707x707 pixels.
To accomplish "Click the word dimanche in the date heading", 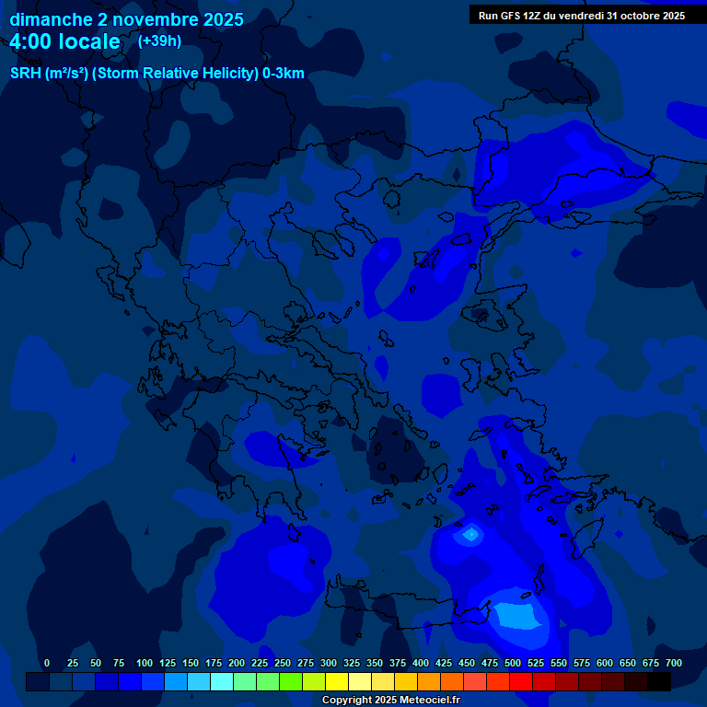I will pyautogui.click(x=51, y=19).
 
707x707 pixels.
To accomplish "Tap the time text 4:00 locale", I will pyautogui.click(x=64, y=41).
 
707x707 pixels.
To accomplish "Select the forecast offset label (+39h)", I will pyautogui.click(x=160, y=41).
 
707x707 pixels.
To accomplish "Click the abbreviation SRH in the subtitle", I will pyautogui.click(x=26, y=75).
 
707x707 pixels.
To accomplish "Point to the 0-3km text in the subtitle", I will pyautogui.click(x=283, y=75).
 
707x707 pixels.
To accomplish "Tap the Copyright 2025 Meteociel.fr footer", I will pyautogui.click(x=391, y=700).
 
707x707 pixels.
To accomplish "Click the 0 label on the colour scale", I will pyautogui.click(x=47, y=663).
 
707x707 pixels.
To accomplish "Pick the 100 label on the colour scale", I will pyautogui.click(x=145, y=663).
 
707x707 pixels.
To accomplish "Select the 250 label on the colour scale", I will pyautogui.click(x=283, y=663).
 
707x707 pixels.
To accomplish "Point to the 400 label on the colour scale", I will pyautogui.click(x=421, y=663).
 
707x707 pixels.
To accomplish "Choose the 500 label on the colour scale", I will pyautogui.click(x=513, y=663).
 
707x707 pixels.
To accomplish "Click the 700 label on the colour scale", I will pyautogui.click(x=674, y=663).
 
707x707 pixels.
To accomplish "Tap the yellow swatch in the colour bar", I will pyautogui.click(x=337, y=681).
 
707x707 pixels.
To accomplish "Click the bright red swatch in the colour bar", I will pyautogui.click(x=521, y=681).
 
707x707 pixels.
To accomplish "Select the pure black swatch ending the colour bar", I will pyautogui.click(x=659, y=681).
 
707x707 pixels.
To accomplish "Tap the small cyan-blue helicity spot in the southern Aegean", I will pyautogui.click(x=470, y=533).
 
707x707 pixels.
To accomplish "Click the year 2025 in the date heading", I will pyautogui.click(x=224, y=19).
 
